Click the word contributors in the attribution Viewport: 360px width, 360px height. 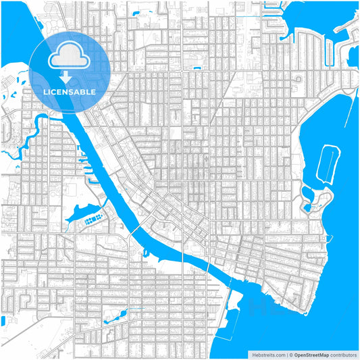pyautogui.click(x=340, y=353)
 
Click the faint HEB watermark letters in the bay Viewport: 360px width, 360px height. pyautogui.click(x=270, y=307)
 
